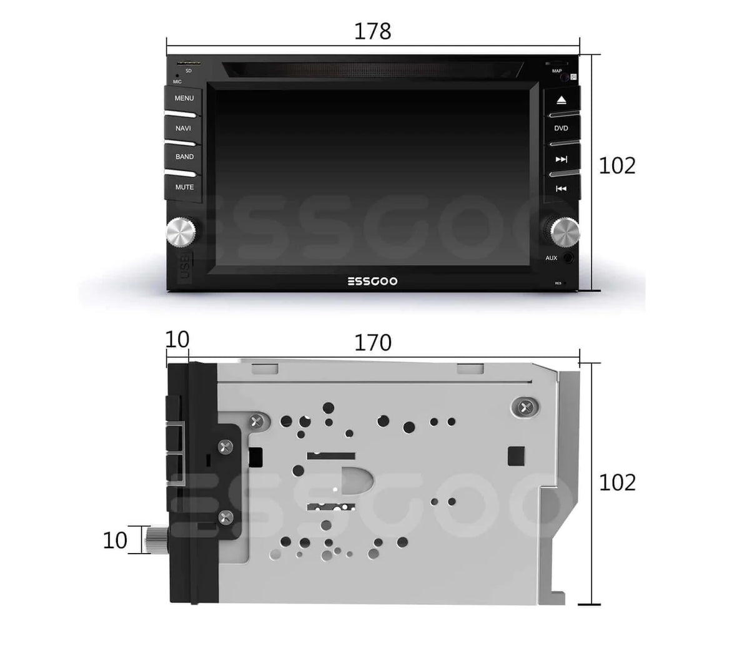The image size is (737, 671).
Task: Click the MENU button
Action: pyautogui.click(x=184, y=99)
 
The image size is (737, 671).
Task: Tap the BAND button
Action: pyautogui.click(x=184, y=157)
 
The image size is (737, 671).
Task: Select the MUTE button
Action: pyautogui.click(x=184, y=187)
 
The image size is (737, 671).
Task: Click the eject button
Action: pyautogui.click(x=561, y=100)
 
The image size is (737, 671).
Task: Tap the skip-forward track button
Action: pyautogui.click(x=561, y=159)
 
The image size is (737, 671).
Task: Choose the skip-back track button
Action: pyautogui.click(x=561, y=189)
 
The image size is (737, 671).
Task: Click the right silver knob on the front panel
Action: pyautogui.click(x=565, y=232)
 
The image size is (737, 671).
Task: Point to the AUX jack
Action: pyautogui.click(x=568, y=258)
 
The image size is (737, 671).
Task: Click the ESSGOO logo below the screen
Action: pyautogui.click(x=372, y=282)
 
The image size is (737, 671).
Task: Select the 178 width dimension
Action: pyautogui.click(x=372, y=31)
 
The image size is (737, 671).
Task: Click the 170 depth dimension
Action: pyautogui.click(x=373, y=343)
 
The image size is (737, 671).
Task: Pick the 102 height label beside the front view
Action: pyautogui.click(x=617, y=165)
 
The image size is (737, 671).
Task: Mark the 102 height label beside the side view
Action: pyautogui.click(x=617, y=482)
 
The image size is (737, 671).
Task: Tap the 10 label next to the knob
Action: pyautogui.click(x=115, y=540)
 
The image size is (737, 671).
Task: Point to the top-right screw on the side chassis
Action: pyautogui.click(x=523, y=407)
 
